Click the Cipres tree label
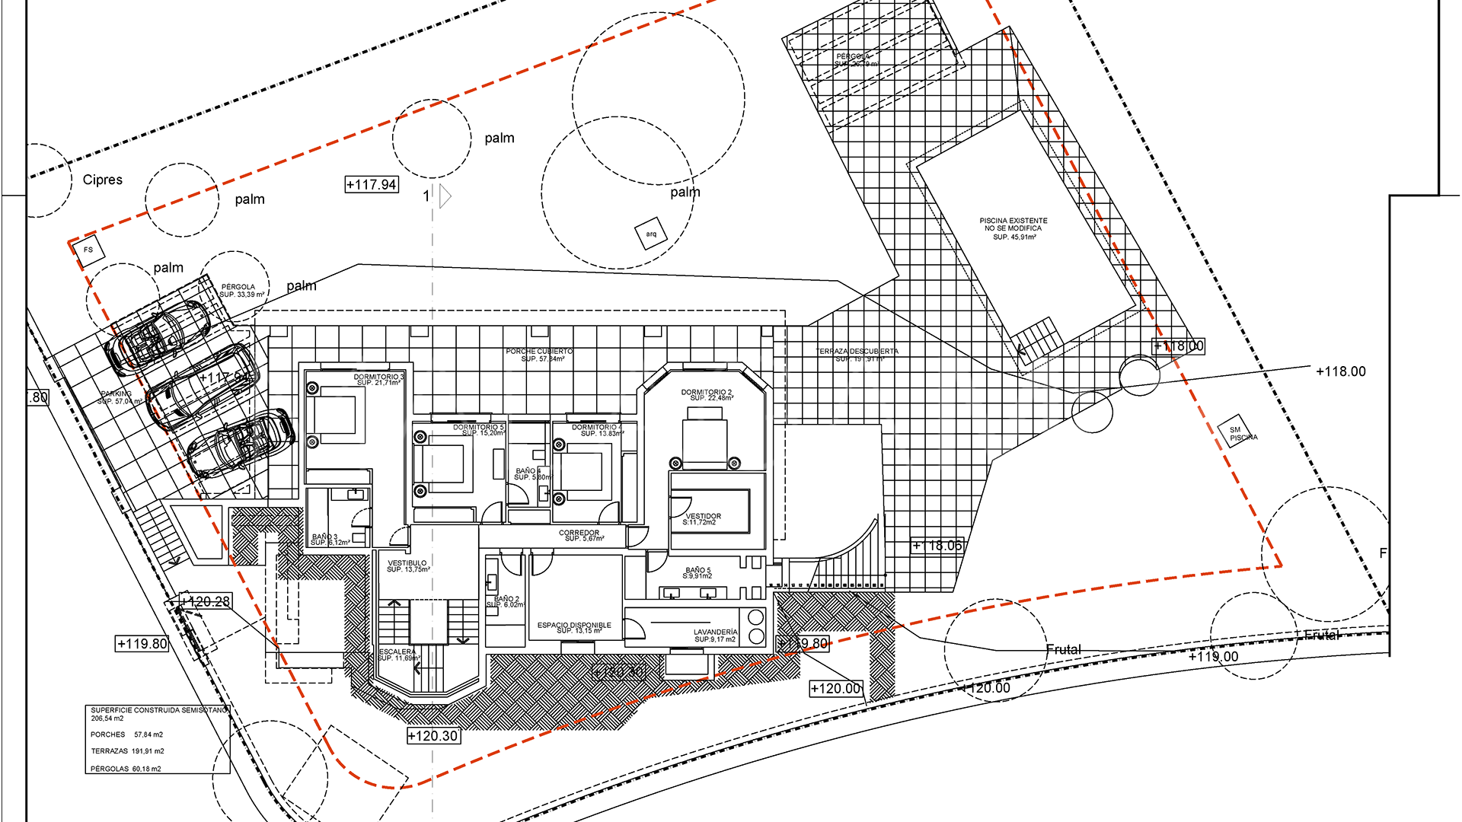102,180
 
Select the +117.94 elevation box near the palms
372,184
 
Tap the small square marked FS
88,250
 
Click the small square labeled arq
651,234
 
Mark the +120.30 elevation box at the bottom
433,736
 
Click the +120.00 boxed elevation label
835,688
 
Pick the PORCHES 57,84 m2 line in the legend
126,734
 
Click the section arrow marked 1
445,196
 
